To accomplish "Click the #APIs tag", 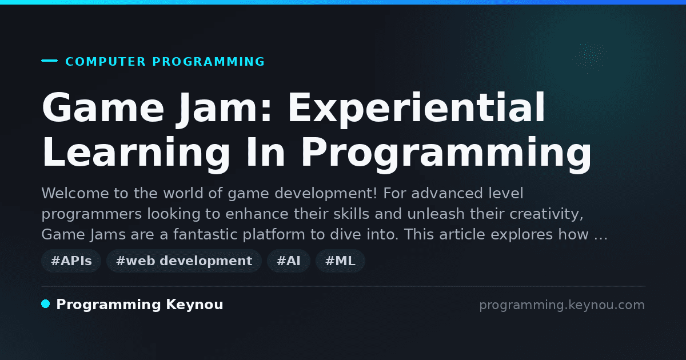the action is pyautogui.click(x=71, y=261).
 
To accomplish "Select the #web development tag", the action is pyautogui.click(x=184, y=261).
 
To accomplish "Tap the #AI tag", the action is pyautogui.click(x=289, y=261).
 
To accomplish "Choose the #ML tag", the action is pyautogui.click(x=340, y=261).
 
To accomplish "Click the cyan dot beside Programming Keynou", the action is pyautogui.click(x=46, y=304).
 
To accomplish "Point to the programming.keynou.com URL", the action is pyautogui.click(x=562, y=305).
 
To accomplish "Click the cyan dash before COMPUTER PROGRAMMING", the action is pyautogui.click(x=50, y=61).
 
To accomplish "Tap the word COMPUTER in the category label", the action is pyautogui.click(x=106, y=62).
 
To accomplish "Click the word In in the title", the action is pyautogui.click(x=265, y=152).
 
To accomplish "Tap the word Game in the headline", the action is pyautogui.click(x=103, y=108).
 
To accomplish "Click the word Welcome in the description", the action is pyautogui.click(x=75, y=193).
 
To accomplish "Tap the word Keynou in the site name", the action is pyautogui.click(x=194, y=305).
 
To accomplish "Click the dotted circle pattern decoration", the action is pyautogui.click(x=590, y=57).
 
